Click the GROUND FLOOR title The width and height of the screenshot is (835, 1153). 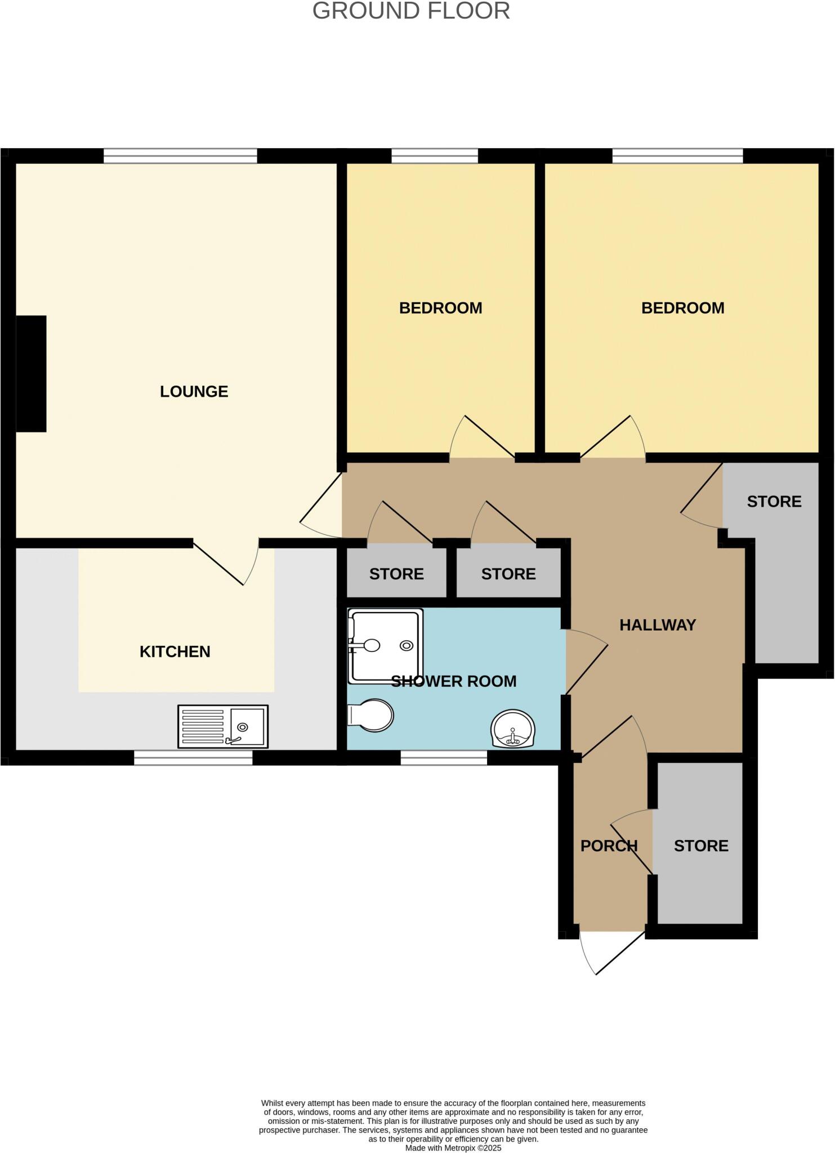pyautogui.click(x=411, y=11)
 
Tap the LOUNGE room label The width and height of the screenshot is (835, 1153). pyautogui.click(x=194, y=391)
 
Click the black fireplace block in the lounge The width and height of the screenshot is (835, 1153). pyautogui.click(x=31, y=374)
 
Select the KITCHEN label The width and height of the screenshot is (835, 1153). pyautogui.click(x=175, y=651)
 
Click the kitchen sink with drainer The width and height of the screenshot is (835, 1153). pyautogui.click(x=223, y=726)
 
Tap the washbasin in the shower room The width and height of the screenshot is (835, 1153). pyautogui.click(x=513, y=729)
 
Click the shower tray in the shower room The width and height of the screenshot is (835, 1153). pyautogui.click(x=385, y=645)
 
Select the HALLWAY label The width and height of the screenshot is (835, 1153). pyautogui.click(x=658, y=625)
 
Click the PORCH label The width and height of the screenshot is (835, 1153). pyautogui.click(x=609, y=846)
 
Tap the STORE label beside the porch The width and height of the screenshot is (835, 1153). pyautogui.click(x=701, y=846)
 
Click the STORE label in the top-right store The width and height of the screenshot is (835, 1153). pyautogui.click(x=774, y=502)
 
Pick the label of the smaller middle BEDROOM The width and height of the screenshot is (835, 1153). pyautogui.click(x=440, y=308)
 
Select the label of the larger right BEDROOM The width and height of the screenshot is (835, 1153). pyautogui.click(x=682, y=308)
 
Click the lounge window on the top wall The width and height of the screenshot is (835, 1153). pyautogui.click(x=180, y=156)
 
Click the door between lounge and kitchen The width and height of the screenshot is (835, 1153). pyautogui.click(x=225, y=563)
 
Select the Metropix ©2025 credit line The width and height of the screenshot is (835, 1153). pyautogui.click(x=453, y=1147)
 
